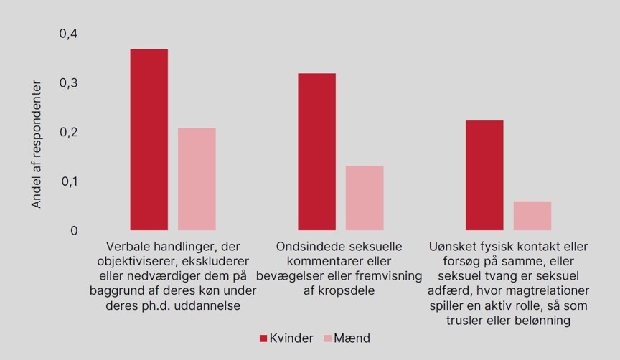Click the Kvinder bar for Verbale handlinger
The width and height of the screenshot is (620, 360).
149,140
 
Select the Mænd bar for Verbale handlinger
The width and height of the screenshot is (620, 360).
197,179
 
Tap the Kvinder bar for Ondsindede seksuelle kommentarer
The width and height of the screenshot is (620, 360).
316,152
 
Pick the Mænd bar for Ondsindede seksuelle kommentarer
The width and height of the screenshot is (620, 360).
365,198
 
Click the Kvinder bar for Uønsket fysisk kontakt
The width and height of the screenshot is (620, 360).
484,176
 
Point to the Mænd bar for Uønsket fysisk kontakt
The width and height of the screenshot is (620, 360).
532,216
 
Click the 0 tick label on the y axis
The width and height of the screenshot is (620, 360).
73,231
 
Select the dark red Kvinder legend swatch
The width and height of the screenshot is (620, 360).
263,338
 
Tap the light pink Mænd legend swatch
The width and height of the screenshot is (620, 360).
329,338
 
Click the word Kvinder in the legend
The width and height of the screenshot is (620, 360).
292,338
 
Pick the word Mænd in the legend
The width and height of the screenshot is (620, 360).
354,338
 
